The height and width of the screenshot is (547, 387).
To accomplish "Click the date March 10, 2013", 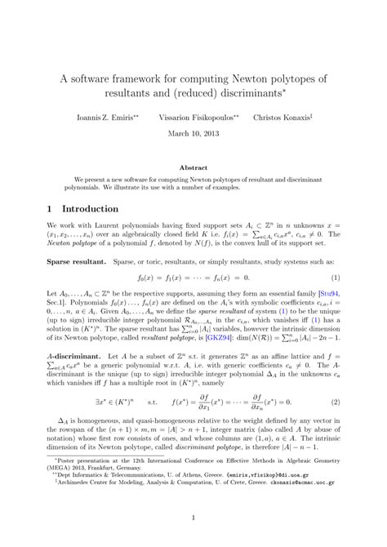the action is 193,133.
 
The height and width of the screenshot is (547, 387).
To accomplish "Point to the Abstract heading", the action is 193,166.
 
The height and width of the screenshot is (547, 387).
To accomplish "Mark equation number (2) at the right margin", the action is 336,402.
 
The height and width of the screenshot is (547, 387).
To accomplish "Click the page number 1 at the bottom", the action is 193,517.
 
